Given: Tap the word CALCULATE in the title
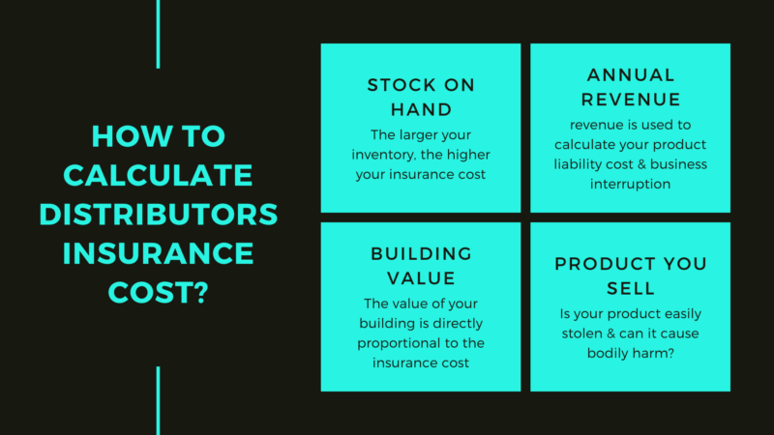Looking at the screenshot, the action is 158,175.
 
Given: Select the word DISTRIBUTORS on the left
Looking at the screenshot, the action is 159,214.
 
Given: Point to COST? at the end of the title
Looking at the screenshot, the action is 159,293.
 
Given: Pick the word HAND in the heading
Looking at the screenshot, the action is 421,109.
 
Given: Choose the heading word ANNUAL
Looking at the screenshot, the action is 631,75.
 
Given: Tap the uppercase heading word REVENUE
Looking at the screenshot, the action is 631,100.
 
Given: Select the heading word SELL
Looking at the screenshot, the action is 631,288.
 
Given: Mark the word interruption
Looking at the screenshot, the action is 631,184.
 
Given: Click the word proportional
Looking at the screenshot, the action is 394,343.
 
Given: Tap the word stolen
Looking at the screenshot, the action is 582,333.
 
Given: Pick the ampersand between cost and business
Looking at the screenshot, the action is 641,164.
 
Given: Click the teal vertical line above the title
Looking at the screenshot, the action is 158,34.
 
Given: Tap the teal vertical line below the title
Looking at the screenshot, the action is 158,400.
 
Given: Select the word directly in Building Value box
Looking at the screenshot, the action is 458,324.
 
